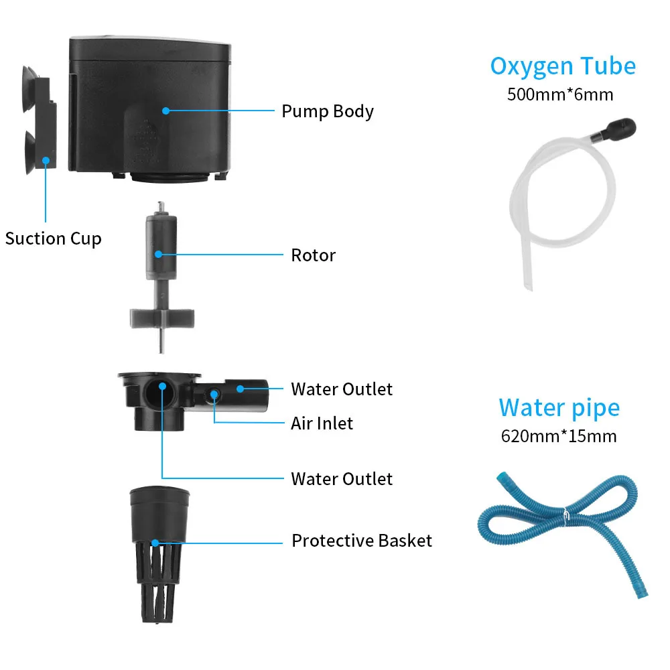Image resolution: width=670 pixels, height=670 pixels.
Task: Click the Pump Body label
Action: (327, 111)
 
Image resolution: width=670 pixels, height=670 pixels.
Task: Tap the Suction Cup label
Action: (53, 239)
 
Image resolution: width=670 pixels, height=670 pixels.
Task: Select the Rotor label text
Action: (313, 255)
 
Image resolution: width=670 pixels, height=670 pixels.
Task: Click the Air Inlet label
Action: (322, 423)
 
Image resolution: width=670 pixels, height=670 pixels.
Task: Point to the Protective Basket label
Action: (362, 541)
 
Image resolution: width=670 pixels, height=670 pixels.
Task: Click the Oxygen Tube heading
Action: (563, 66)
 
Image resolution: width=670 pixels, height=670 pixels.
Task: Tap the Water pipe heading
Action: (559, 407)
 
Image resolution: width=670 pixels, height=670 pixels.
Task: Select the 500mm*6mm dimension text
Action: (560, 94)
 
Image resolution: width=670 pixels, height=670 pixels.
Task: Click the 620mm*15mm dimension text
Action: (559, 436)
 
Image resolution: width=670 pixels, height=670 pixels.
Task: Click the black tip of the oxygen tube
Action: (624, 128)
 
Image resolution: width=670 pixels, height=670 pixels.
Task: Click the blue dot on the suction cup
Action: (46, 160)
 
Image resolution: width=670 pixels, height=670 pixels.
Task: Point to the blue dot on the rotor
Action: (159, 254)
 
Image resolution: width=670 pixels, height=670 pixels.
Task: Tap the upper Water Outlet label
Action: (342, 389)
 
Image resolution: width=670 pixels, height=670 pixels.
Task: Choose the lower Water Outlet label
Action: (342, 479)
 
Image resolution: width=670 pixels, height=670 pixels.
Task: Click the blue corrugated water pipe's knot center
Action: (565, 517)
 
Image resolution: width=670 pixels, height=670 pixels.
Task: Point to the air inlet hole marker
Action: (214, 394)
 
